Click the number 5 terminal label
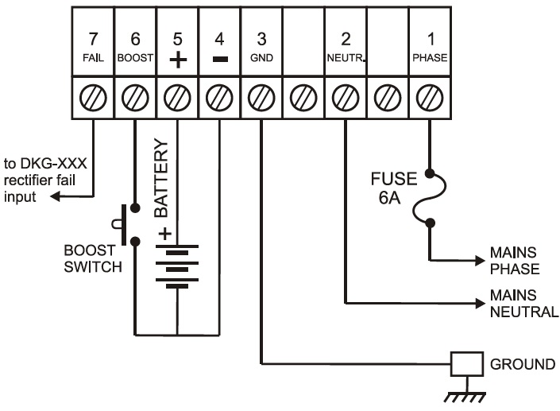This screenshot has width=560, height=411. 177,40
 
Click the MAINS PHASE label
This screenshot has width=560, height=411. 515,261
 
